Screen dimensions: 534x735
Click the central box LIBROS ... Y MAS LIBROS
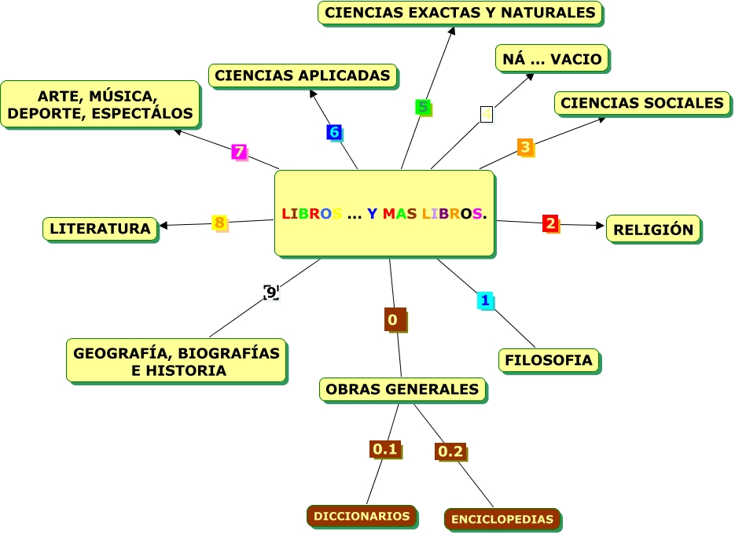[384, 213]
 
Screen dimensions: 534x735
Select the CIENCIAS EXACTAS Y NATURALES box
[460, 13]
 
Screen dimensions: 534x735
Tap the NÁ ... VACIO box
[552, 59]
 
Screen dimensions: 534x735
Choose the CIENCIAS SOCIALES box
[641, 103]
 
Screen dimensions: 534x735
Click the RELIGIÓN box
[653, 230]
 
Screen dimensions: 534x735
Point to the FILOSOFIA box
[549, 360]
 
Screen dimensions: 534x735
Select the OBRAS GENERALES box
[402, 389]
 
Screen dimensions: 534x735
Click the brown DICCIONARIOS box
[362, 516]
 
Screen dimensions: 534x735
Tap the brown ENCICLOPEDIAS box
[503, 519]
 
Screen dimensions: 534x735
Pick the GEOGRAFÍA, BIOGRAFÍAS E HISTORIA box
[176, 362]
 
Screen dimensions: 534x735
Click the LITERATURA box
[100, 229]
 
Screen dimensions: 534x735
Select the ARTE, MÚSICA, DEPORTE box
[100, 105]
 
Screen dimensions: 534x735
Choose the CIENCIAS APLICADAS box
[303, 75]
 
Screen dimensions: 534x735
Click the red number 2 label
[550, 223]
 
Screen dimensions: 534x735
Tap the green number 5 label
[424, 108]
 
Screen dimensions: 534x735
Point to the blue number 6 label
[334, 132]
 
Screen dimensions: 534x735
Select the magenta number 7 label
[239, 152]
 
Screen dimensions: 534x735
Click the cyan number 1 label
[485, 300]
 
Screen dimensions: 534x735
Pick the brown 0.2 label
[450, 451]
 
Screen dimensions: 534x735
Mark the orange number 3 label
[525, 146]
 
